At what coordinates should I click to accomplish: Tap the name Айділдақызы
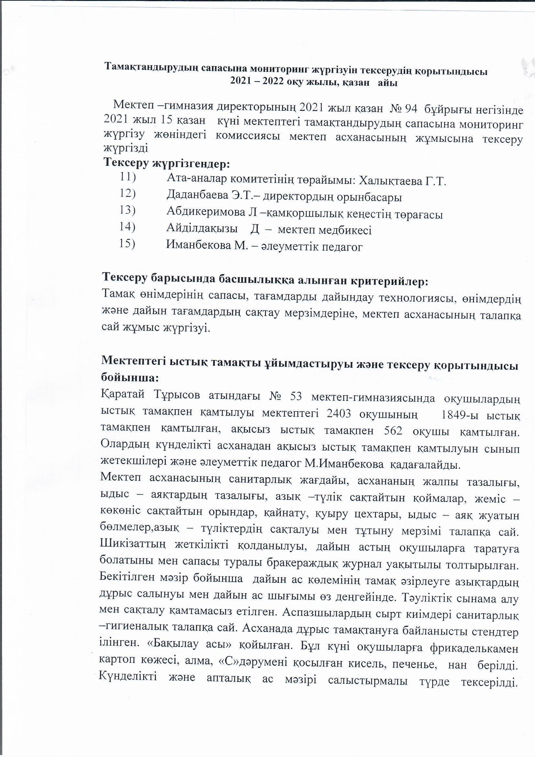[x=202, y=230]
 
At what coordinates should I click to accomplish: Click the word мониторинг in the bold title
[x=267, y=71]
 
